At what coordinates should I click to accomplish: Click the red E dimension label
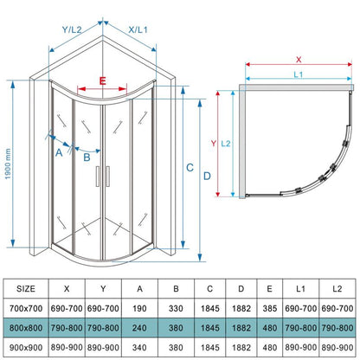102,81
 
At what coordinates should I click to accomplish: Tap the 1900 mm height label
8,164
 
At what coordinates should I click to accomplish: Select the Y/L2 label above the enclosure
72,29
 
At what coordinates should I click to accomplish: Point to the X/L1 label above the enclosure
138,29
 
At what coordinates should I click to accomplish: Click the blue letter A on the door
59,152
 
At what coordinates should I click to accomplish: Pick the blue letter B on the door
87,157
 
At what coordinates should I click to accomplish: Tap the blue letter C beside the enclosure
190,168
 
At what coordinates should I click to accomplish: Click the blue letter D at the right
207,176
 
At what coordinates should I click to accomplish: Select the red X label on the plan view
299,60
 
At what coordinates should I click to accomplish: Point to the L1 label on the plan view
299,74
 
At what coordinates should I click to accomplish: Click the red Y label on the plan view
213,144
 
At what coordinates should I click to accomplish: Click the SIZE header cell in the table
26,288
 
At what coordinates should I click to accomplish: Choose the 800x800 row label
26,328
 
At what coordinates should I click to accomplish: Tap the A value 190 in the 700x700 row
139,308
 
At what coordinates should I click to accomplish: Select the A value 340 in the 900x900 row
139,347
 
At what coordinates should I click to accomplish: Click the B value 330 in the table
176,308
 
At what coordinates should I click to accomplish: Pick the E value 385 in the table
270,308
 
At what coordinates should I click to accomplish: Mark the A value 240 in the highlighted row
139,328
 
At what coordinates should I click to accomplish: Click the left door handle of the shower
98,177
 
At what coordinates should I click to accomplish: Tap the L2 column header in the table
337,288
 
